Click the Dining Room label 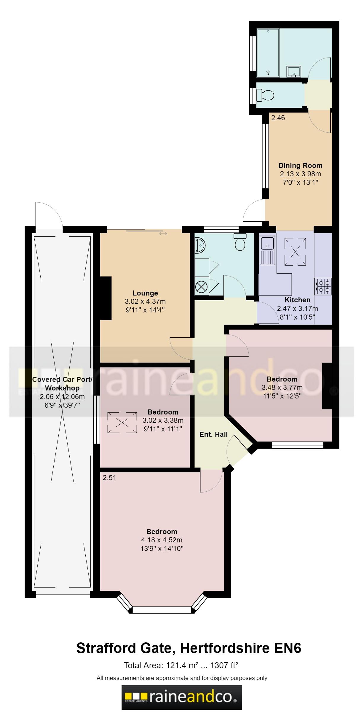[300, 166]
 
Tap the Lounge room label [145, 293]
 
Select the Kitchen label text [297, 300]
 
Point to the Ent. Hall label [213, 434]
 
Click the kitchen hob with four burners [323, 287]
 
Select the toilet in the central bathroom [240, 242]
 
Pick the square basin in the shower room [294, 71]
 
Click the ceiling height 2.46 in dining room [278, 118]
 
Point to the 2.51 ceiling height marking [109, 478]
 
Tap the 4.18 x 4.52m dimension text [162, 540]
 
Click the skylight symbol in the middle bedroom [122, 422]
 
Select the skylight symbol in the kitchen [295, 252]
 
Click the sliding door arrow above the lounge [163, 234]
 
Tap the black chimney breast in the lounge [106, 298]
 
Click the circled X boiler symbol [201, 287]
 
